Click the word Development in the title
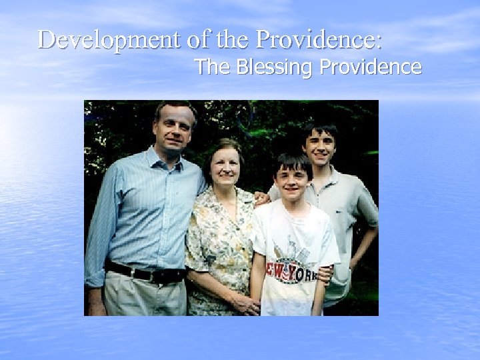pyautogui.click(x=108, y=41)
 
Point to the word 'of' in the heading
pyautogui.click(x=198, y=41)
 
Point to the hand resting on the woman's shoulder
pyautogui.click(x=261, y=198)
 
